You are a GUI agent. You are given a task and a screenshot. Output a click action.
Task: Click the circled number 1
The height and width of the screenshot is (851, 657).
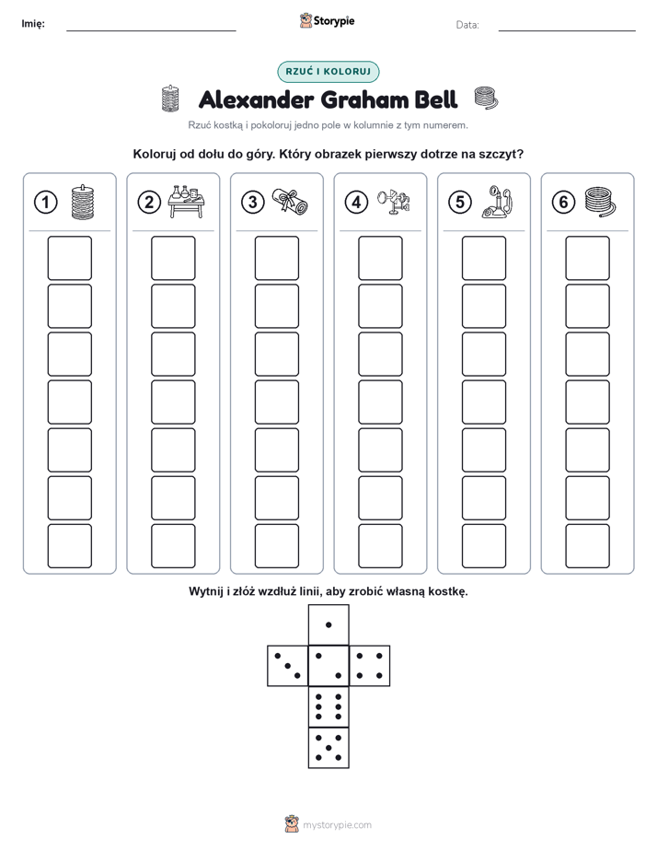pos(45,202)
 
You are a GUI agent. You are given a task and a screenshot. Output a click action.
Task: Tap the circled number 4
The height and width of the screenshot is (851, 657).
pos(356,202)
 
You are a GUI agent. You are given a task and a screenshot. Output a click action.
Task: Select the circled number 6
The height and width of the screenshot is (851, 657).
pos(563,202)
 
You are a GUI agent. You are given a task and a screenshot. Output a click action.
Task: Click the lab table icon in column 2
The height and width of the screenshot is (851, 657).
pos(185,202)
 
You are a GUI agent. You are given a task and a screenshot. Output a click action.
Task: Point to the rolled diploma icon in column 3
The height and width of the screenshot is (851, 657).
pos(290,202)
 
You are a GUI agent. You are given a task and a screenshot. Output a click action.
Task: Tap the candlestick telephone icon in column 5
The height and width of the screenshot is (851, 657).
pos(497,202)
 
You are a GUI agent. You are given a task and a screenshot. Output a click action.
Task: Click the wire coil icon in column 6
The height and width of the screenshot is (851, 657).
pos(601,202)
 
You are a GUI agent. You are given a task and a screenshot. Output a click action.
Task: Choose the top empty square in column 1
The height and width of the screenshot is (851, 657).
pos(69,258)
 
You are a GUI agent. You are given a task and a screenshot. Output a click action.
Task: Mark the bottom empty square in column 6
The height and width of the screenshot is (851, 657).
pos(587,546)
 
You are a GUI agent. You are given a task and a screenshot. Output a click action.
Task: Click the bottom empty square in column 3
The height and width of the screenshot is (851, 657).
pos(276,546)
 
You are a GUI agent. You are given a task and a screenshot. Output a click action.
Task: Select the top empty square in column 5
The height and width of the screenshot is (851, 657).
pos(483,258)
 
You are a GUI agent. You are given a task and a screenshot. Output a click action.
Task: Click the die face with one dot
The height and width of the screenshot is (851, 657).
pos(328,624)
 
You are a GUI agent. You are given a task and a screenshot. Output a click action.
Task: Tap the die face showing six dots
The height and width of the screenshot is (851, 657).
pos(328,706)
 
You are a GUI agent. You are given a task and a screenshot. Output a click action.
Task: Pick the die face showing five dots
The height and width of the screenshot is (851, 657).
pos(328,747)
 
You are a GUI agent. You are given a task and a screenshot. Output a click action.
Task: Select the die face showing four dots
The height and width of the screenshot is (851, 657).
pos(370,665)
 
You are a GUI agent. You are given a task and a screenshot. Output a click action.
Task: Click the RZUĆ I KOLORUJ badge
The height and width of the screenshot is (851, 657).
pos(328,72)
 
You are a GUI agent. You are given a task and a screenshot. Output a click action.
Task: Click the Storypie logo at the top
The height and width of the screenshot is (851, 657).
pos(327,21)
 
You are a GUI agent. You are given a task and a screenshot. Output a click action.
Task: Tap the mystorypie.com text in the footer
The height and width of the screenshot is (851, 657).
pos(337,825)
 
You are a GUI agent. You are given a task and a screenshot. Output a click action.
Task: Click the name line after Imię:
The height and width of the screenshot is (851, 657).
pos(151,30)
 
